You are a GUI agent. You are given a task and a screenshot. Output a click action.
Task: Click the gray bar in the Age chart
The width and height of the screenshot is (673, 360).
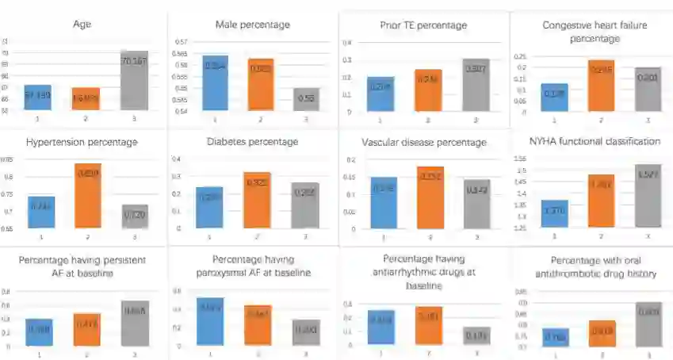click(134, 80)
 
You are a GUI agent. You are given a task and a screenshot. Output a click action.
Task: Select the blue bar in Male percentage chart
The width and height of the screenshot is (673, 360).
click(216, 83)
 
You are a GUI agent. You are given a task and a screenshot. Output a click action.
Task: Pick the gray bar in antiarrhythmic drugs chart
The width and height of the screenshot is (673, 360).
click(476, 335)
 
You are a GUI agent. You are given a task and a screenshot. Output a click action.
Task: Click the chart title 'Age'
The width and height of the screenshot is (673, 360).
click(82, 25)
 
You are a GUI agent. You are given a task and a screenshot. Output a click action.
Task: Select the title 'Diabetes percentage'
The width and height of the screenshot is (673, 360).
click(253, 141)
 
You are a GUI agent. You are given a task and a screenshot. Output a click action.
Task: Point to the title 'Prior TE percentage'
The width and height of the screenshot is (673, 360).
click(423, 25)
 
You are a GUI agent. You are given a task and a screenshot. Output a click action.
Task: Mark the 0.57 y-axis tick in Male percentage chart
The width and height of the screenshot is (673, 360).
click(181, 42)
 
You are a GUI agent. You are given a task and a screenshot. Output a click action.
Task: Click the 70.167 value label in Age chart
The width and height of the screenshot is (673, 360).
click(134, 61)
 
